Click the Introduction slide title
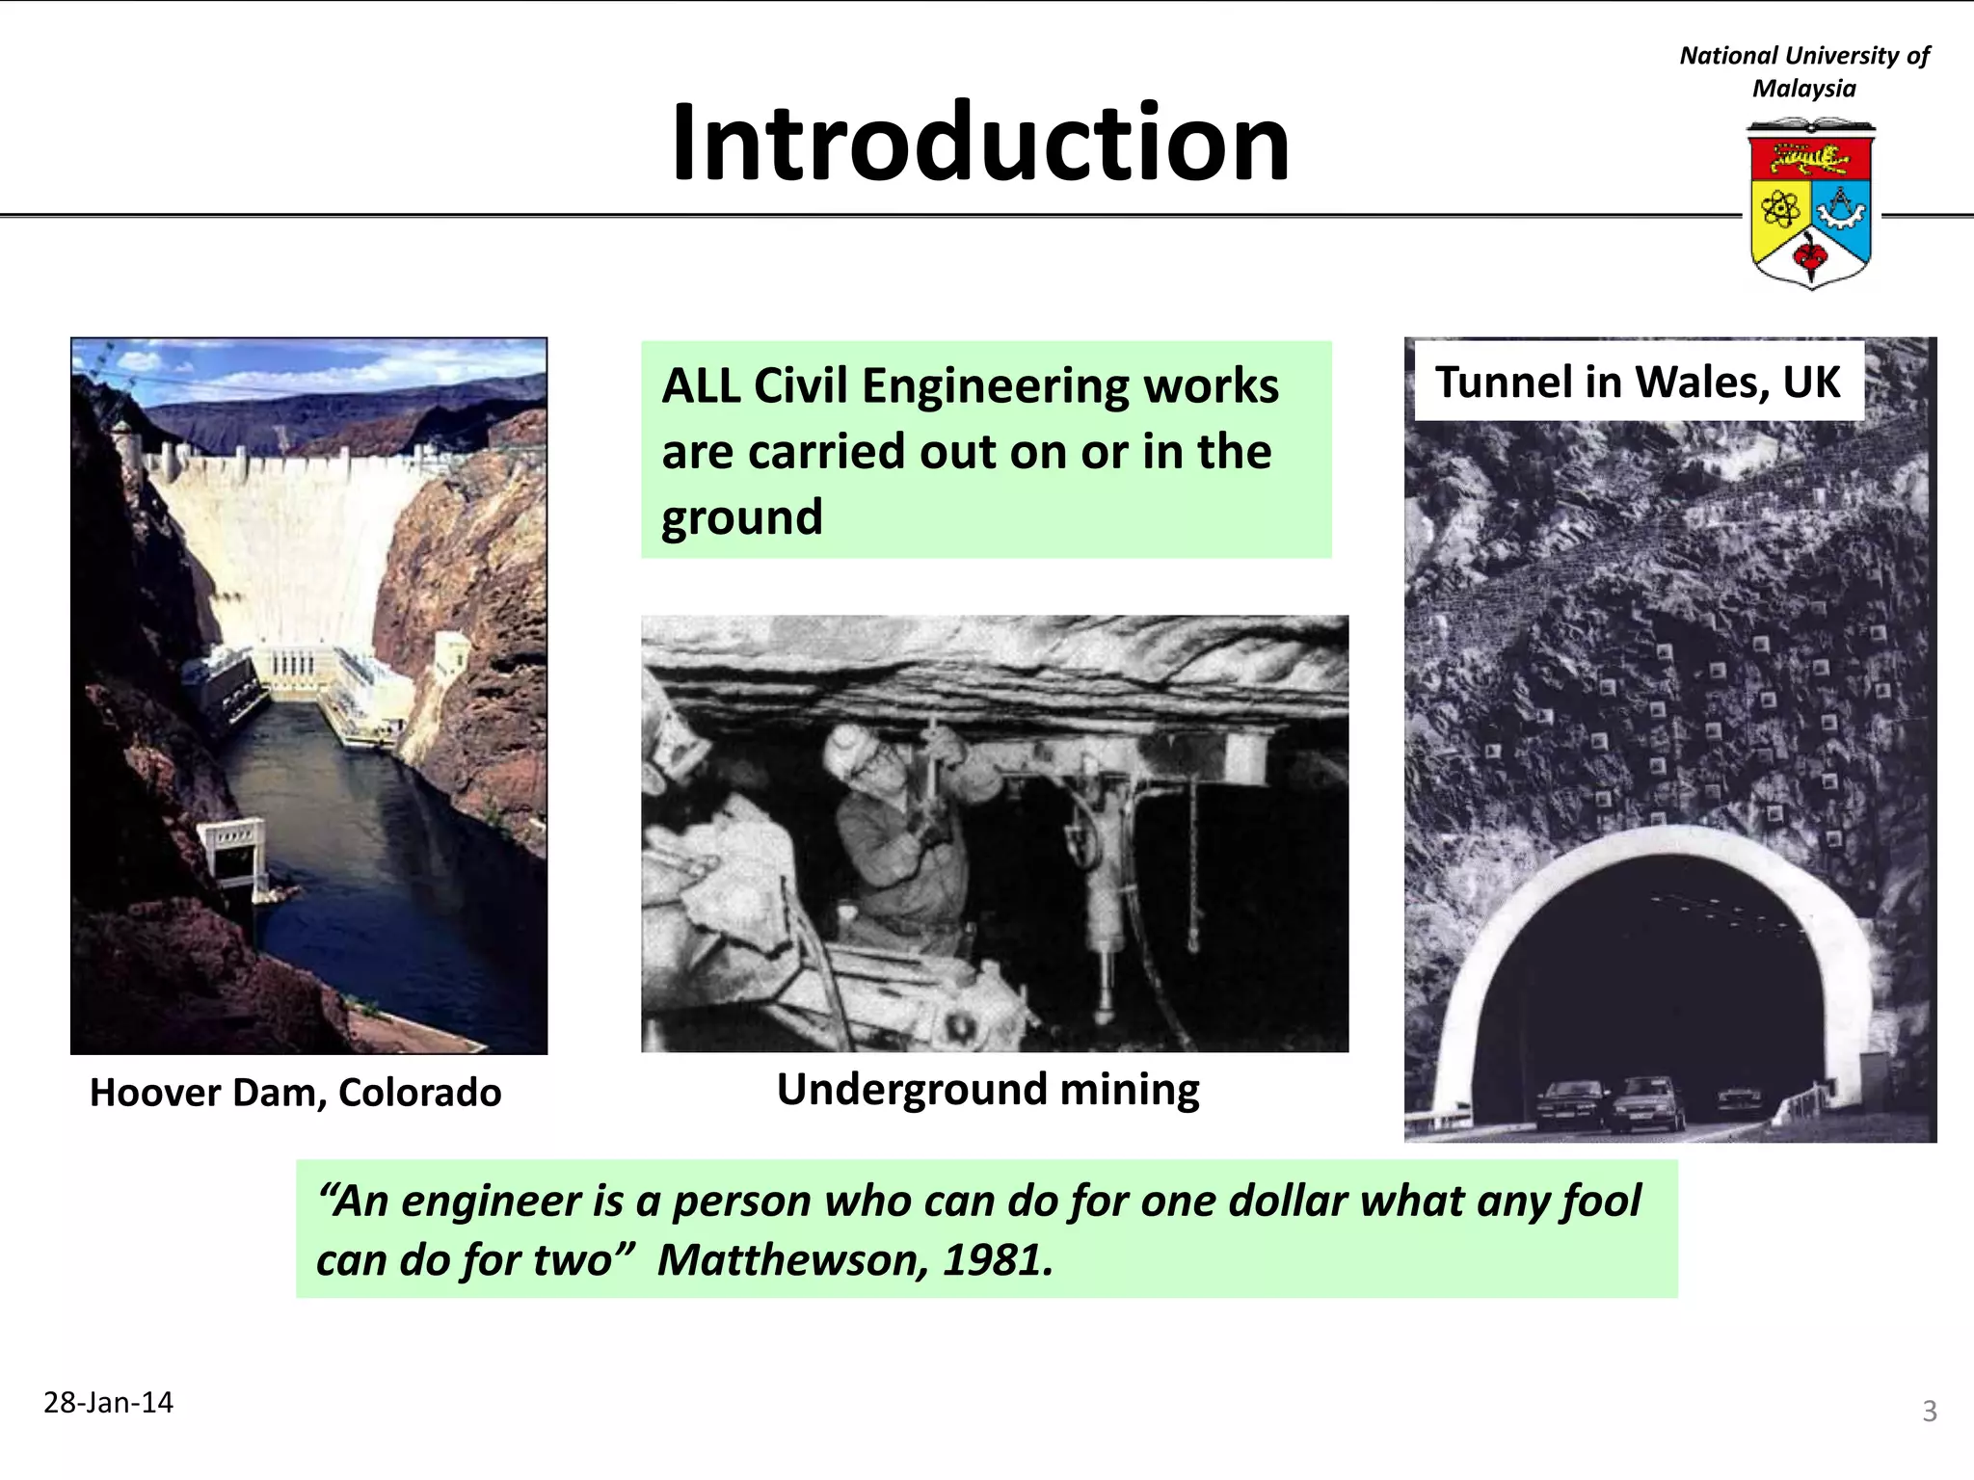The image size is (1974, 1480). pyautogui.click(x=980, y=143)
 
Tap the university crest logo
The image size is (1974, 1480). pyautogui.click(x=1810, y=204)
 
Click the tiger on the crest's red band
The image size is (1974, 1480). pyautogui.click(x=1809, y=158)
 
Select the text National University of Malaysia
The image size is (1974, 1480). pyautogui.click(x=1803, y=71)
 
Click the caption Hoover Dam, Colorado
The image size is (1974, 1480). pyautogui.click(x=295, y=1093)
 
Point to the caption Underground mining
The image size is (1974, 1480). pyautogui.click(x=988, y=1090)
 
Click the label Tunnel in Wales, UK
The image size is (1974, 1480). pyautogui.click(x=1638, y=382)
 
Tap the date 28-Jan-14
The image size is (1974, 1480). pyautogui.click(x=108, y=1402)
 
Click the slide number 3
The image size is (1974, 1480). pyautogui.click(x=1929, y=1411)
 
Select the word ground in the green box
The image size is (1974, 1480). pyautogui.click(x=741, y=517)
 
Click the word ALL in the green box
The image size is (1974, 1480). pyautogui.click(x=700, y=386)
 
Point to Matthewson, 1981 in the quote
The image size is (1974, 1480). pyautogui.click(x=855, y=1260)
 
